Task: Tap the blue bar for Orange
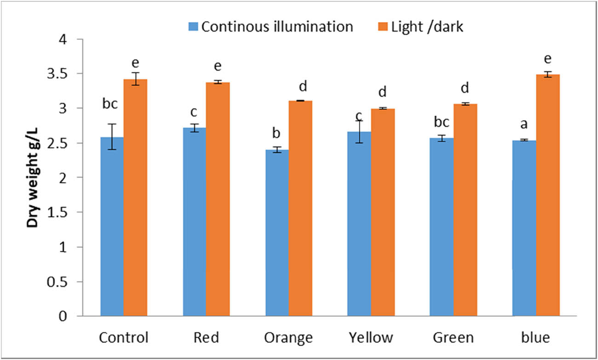click(x=277, y=233)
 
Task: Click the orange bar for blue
click(x=547, y=195)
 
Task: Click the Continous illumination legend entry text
click(x=277, y=27)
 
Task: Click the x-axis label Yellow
click(x=371, y=338)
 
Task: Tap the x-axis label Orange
click(x=288, y=338)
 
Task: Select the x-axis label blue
click(x=536, y=338)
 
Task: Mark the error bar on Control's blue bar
click(x=112, y=137)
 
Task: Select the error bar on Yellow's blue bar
click(x=360, y=131)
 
